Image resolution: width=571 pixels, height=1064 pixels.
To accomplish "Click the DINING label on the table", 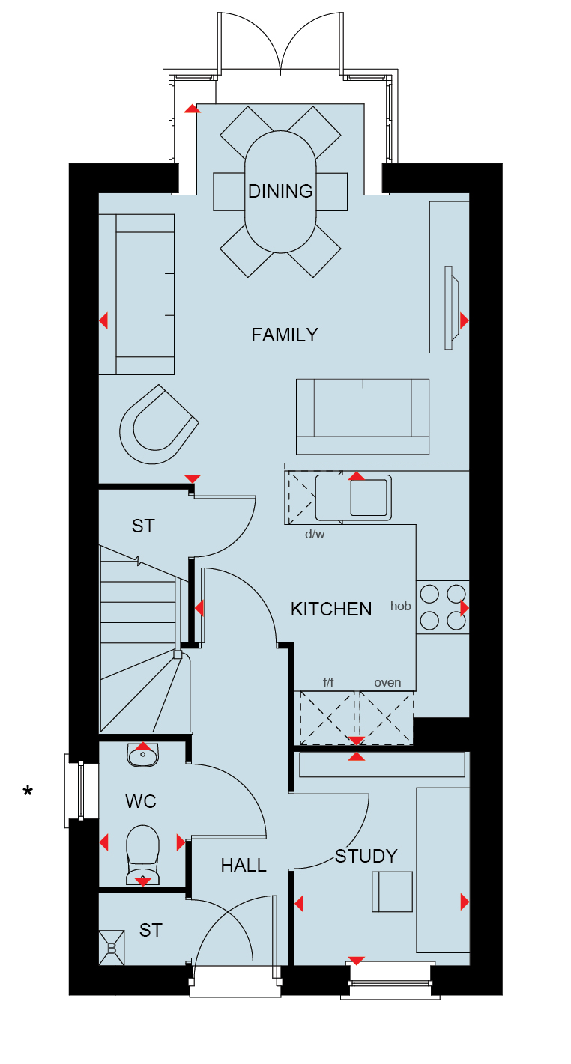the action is coord(280,192).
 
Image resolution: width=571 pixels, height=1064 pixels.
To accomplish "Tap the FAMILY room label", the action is coord(285,335).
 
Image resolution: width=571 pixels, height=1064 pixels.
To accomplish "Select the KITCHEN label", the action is coord(331,609).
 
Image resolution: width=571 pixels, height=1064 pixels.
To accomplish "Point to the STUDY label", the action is coord(366,856).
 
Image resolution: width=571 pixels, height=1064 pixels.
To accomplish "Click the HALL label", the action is coord(244,866).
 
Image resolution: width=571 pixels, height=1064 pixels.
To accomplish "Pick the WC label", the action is coord(141,802).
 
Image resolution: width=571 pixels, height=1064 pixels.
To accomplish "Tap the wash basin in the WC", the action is coord(142,755).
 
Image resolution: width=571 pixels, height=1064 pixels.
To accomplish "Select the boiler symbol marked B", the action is coord(112,948).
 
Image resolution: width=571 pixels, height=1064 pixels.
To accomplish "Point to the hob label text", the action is coord(401,606).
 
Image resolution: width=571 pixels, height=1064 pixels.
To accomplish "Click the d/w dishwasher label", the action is coord(315,535).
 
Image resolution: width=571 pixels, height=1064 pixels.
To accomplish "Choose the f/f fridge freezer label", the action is coord(328,683).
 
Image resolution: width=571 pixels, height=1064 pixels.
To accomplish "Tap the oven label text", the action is coord(387,683).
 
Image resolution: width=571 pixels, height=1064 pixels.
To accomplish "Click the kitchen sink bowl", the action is coord(369,497).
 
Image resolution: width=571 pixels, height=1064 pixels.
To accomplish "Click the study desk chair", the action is coord(392,892).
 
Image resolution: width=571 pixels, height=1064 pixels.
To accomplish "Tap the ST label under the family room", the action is coord(143,526).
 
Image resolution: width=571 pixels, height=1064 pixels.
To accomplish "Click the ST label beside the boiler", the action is coord(151,931).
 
